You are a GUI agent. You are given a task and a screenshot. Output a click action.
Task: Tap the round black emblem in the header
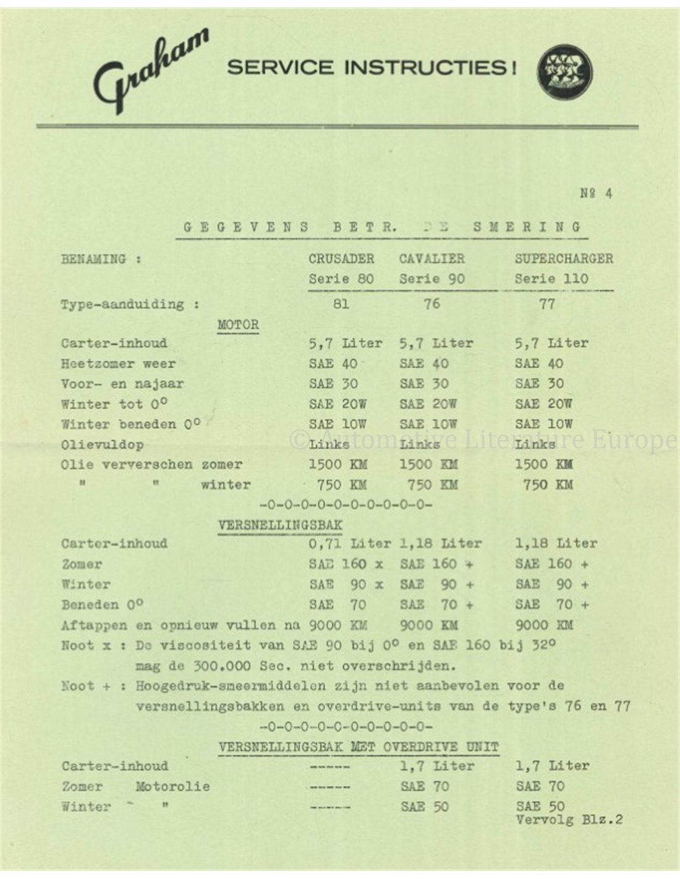(x=564, y=72)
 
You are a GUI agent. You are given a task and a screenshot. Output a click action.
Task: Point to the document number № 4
(x=597, y=193)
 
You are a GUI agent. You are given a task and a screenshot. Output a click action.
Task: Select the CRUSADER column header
(x=341, y=258)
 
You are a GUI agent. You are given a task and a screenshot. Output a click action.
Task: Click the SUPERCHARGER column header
(x=564, y=258)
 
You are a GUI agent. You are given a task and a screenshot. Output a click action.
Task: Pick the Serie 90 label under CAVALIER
(x=431, y=279)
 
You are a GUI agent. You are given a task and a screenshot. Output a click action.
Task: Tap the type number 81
(x=341, y=304)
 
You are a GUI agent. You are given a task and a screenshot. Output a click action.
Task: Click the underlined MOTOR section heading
(x=238, y=325)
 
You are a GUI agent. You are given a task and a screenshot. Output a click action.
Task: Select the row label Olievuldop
(x=103, y=444)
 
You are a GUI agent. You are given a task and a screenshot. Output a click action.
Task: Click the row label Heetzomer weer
(x=118, y=363)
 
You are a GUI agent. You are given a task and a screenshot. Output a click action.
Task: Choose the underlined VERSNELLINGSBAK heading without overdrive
(x=280, y=525)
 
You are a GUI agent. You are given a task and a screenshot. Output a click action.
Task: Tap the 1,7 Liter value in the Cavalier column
(x=437, y=766)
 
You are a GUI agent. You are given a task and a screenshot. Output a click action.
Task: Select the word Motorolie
(x=172, y=786)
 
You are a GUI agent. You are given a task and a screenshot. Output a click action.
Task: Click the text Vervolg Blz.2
(x=569, y=820)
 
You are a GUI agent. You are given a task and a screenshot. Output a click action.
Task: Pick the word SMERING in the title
(x=527, y=227)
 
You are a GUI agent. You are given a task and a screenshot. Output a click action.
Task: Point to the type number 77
(x=547, y=304)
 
